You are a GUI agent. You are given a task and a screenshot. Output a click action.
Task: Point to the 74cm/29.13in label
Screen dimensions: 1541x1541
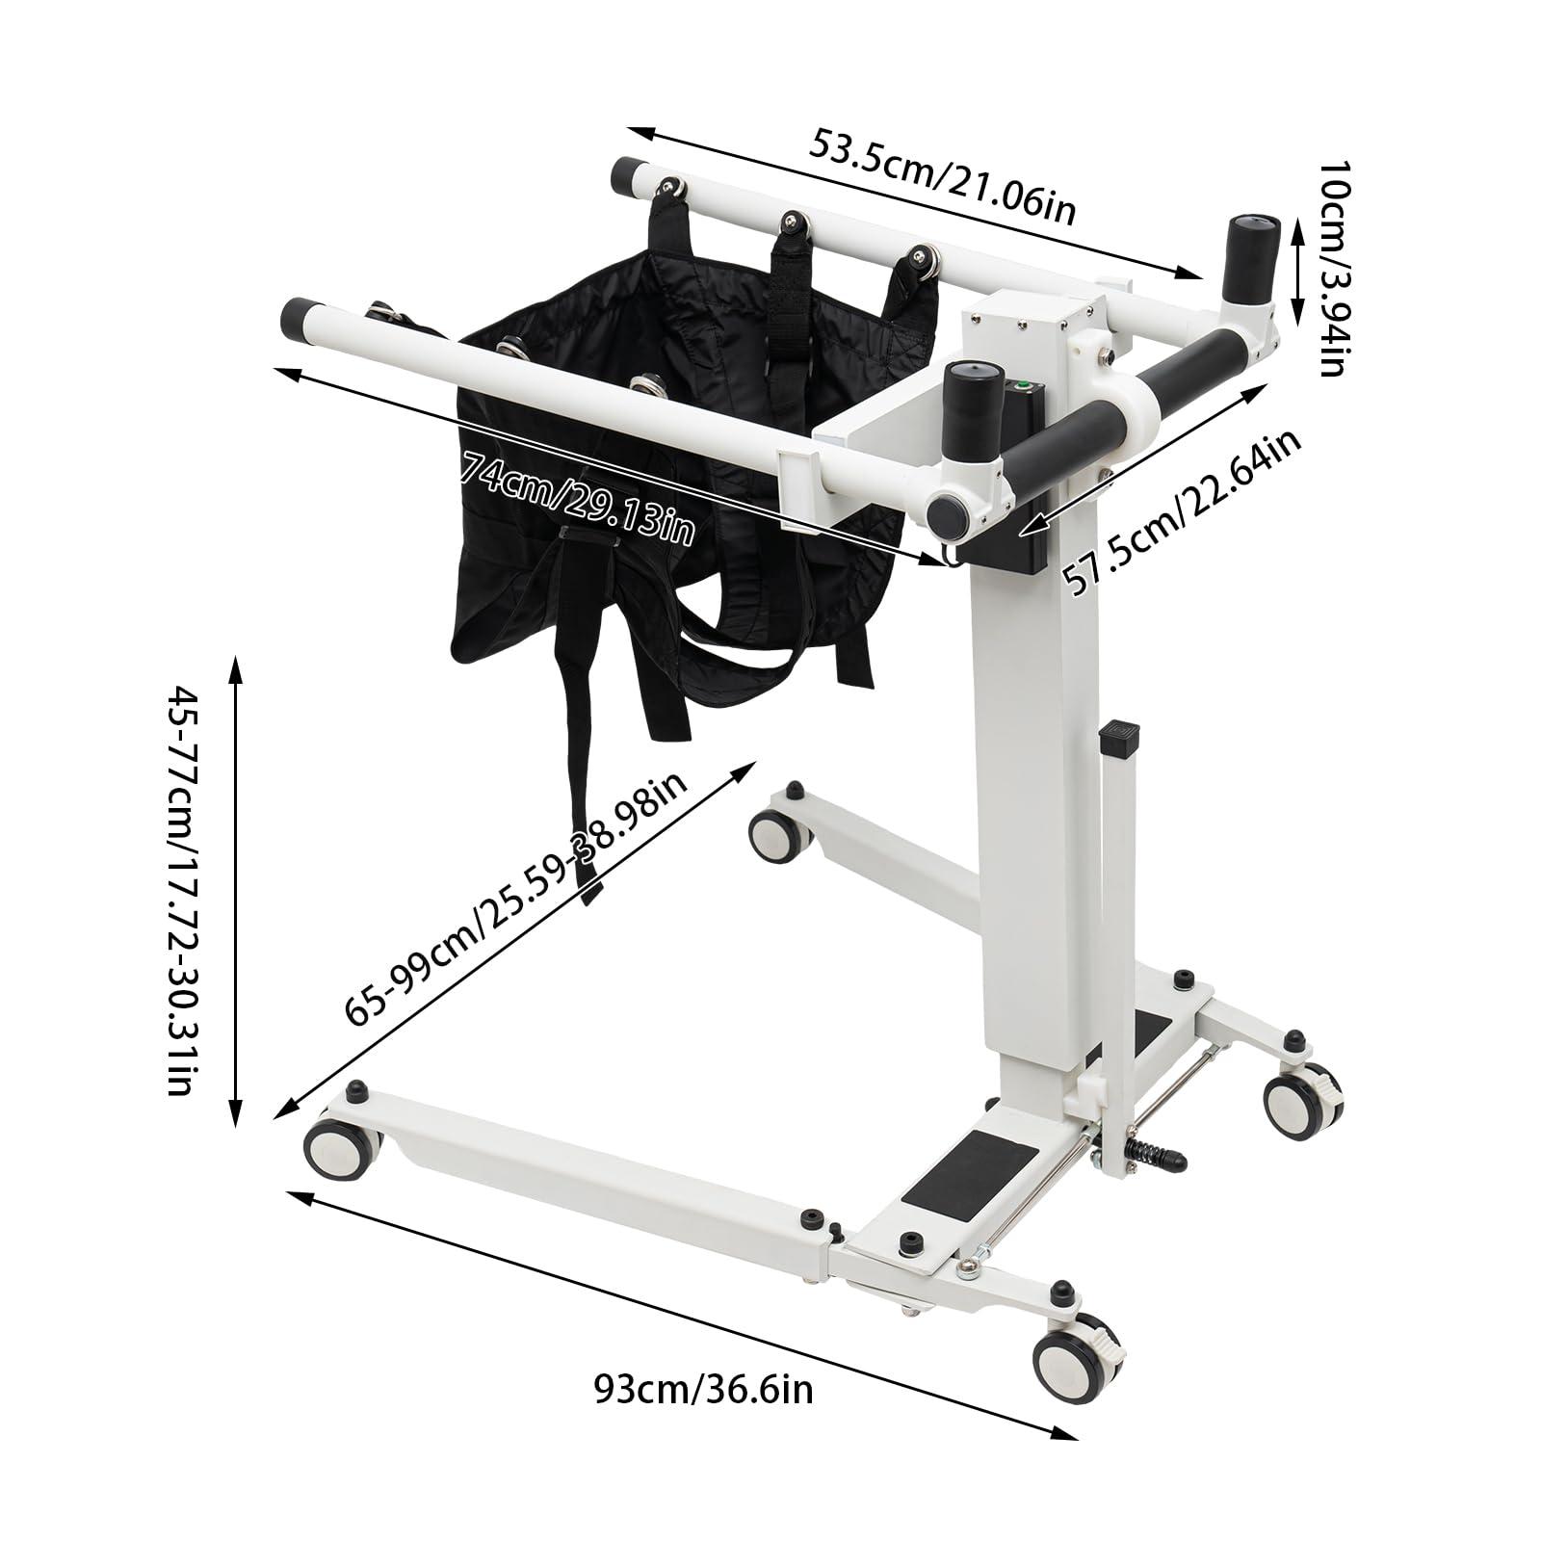tap(577, 498)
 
